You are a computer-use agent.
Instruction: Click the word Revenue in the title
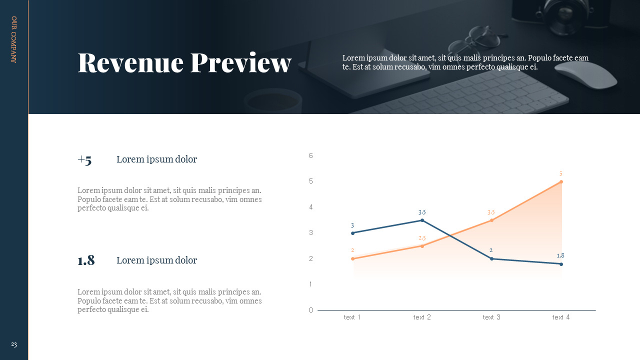(x=130, y=63)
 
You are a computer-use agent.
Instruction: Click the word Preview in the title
(x=241, y=63)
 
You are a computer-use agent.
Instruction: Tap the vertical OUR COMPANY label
(x=14, y=39)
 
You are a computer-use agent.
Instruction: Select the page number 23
(x=14, y=344)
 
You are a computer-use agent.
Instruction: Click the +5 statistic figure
(x=84, y=160)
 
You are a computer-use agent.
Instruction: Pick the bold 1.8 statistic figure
(x=86, y=260)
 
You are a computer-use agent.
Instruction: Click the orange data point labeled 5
(x=561, y=181)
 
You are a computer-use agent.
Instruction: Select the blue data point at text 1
(x=352, y=233)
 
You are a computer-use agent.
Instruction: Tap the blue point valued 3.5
(x=422, y=220)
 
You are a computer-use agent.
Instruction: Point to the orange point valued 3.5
(x=491, y=220)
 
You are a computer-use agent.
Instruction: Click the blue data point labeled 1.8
(x=561, y=264)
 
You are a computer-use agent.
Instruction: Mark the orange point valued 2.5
(x=422, y=246)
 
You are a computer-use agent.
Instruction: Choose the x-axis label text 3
(x=491, y=317)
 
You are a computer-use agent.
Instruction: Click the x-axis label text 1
(x=352, y=317)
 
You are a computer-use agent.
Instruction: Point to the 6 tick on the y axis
(x=311, y=155)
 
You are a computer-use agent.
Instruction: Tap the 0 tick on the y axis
(x=311, y=310)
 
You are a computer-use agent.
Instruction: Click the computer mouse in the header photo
(x=585, y=75)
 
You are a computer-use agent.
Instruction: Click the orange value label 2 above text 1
(x=352, y=250)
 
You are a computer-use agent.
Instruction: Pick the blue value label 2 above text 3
(x=491, y=250)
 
